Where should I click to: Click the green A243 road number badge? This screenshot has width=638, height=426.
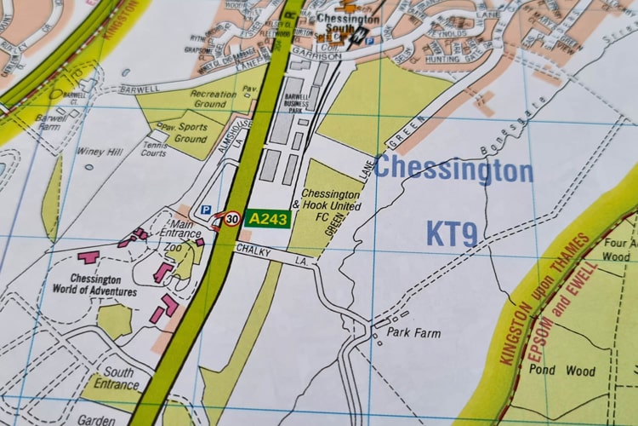(268, 219)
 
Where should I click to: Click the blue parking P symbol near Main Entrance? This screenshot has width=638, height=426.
(204, 210)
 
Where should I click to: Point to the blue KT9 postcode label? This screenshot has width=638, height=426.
(452, 233)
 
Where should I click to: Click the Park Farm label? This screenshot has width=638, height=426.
(413, 332)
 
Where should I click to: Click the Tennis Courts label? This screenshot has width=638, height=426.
(153, 149)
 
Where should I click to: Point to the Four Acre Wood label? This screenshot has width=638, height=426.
(619, 250)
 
